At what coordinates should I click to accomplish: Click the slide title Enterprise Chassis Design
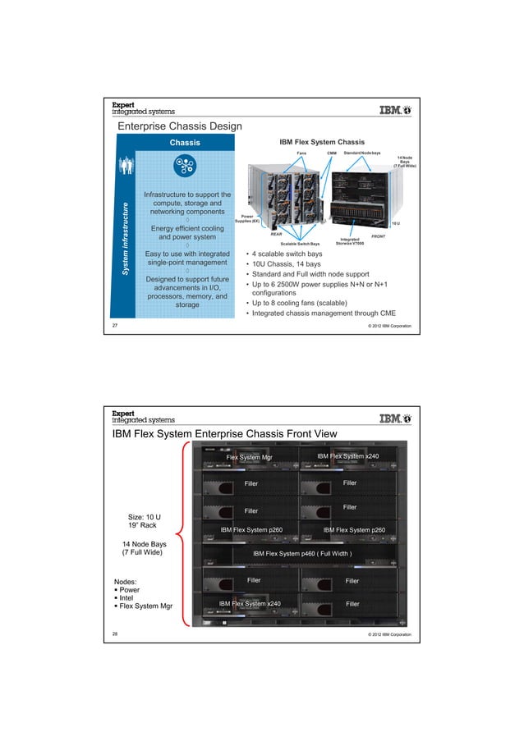click(x=179, y=126)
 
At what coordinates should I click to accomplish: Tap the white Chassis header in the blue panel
click(x=184, y=143)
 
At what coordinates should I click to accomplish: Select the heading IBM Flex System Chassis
click(x=322, y=142)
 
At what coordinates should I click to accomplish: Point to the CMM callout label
click(x=332, y=153)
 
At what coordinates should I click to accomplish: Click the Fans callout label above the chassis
click(x=301, y=153)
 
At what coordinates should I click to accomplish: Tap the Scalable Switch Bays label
click(x=300, y=244)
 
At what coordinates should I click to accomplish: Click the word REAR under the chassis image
click(x=277, y=233)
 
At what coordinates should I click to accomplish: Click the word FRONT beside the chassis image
click(x=378, y=236)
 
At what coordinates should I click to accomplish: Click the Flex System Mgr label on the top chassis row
click(x=243, y=457)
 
